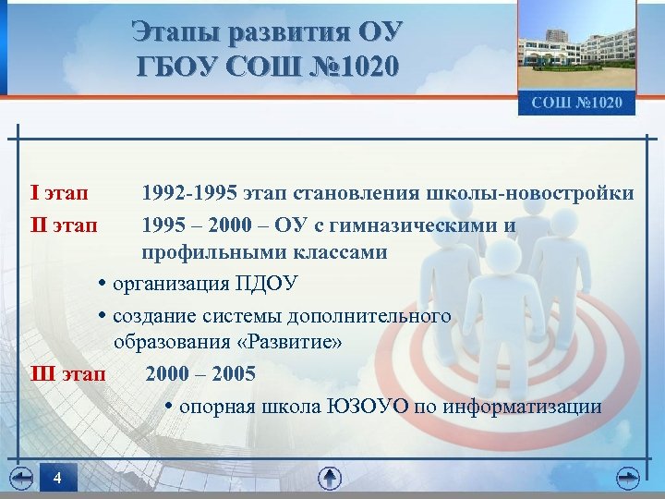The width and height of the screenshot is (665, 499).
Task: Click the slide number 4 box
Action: pos(57,479)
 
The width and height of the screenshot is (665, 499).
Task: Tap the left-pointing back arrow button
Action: pos(21,478)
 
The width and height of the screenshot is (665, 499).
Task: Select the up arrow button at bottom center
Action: pos(330,478)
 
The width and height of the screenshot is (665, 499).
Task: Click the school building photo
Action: pos(576,46)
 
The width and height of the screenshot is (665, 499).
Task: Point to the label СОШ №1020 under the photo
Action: pos(576,102)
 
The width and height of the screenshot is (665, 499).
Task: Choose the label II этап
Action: pos(64,225)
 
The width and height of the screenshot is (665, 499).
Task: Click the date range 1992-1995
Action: pos(188,193)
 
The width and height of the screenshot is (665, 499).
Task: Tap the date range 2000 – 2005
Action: pos(200,374)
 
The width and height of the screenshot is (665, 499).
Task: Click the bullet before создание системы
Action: pos(103,316)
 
